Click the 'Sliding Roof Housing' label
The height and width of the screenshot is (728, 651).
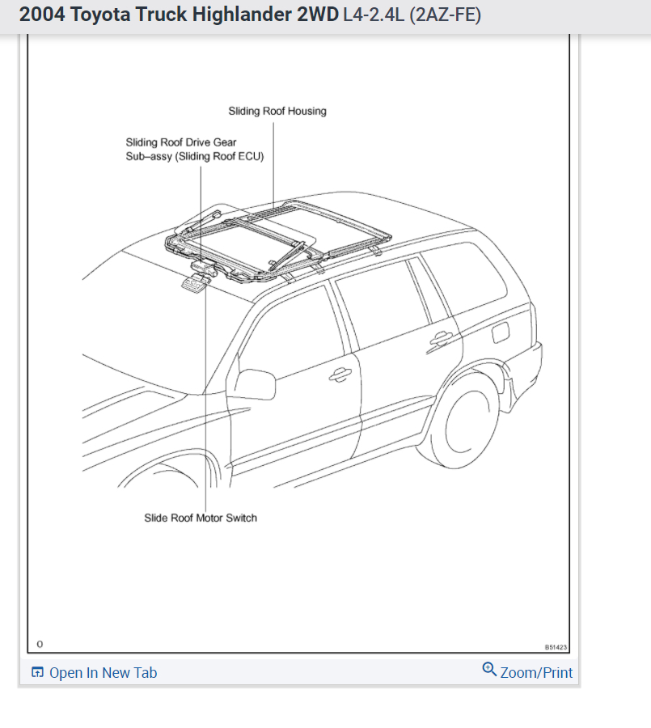pos(277,112)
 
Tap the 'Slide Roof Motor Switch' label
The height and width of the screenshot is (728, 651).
pos(201,518)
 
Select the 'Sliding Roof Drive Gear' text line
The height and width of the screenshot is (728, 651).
pos(181,142)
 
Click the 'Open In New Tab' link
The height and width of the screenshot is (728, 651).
pos(103,672)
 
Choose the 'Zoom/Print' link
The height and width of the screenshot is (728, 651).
pos(536,672)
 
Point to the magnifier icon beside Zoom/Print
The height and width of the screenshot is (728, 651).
pos(489,669)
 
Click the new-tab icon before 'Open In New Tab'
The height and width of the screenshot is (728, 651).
pos(37,672)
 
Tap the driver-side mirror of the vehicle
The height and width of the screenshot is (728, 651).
pos(255,385)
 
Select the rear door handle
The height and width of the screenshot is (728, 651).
pos(442,339)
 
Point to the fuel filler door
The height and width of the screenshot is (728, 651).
pos(499,331)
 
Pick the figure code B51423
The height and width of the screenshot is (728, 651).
pos(556,647)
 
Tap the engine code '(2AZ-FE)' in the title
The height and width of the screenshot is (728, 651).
pos(446,15)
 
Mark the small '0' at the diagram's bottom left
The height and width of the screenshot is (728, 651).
pos(40,644)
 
